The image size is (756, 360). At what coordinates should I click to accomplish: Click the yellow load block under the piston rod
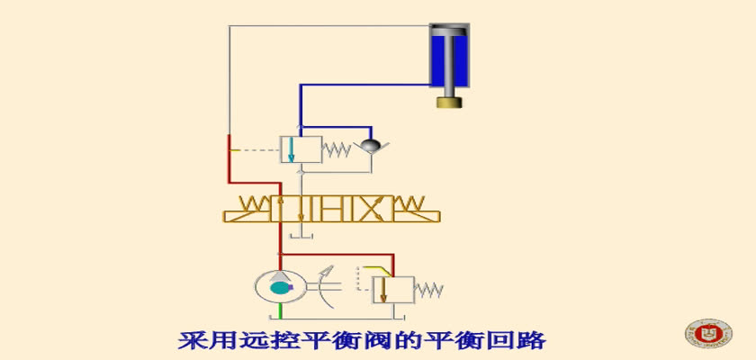tap(449, 103)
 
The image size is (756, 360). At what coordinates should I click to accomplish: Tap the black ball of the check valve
tap(371, 145)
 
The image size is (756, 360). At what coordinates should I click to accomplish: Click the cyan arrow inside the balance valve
tap(290, 149)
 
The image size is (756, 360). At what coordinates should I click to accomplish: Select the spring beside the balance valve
tap(336, 150)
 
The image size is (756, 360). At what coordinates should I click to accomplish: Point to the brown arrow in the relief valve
tap(382, 290)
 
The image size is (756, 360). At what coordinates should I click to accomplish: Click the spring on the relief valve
tap(428, 290)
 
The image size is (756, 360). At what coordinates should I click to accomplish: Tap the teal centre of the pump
tap(279, 288)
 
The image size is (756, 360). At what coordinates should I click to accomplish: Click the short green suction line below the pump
tap(281, 310)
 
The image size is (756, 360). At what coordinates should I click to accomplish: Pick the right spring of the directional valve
tap(409, 203)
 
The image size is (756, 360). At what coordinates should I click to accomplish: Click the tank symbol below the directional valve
tap(301, 236)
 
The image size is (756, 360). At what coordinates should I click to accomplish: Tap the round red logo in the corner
tap(708, 333)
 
